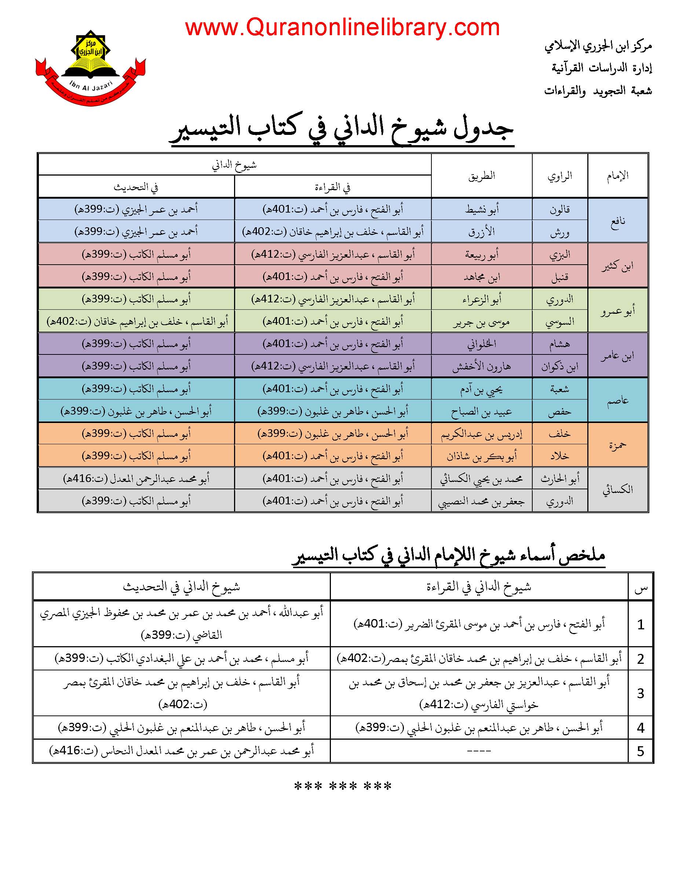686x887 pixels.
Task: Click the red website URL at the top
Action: tap(342, 27)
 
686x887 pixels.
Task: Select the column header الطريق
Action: tap(482, 176)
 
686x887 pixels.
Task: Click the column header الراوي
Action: tap(559, 176)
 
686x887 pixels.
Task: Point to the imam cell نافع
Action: tap(617, 221)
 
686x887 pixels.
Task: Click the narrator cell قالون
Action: tap(559, 210)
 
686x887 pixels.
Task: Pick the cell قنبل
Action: tap(559, 277)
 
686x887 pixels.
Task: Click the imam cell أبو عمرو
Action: tap(617, 311)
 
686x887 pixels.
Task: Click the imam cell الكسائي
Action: tap(617, 490)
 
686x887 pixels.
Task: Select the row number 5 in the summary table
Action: tap(641, 751)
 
